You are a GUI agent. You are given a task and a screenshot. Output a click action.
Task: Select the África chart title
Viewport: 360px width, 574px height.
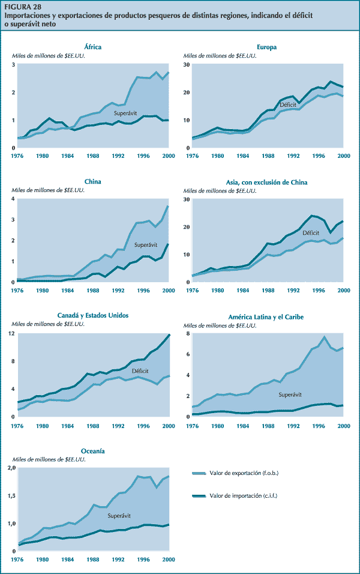click(x=93, y=47)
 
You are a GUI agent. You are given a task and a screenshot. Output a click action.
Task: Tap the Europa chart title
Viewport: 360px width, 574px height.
click(x=266, y=47)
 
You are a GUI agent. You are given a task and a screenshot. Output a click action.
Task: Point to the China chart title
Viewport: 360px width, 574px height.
click(x=93, y=181)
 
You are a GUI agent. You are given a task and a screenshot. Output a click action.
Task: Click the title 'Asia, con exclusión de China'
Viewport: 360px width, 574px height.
click(x=266, y=181)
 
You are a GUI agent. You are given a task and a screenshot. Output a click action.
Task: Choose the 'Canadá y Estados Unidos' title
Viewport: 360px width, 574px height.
click(x=93, y=315)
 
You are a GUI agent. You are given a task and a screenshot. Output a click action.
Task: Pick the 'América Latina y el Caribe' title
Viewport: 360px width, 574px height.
click(x=266, y=316)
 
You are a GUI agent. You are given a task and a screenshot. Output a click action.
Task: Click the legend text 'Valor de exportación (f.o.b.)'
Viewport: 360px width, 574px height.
click(x=244, y=473)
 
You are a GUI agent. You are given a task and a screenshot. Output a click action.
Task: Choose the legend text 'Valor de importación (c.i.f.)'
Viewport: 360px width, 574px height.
click(x=243, y=496)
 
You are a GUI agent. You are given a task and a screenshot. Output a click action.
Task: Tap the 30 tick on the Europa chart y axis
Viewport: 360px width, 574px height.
click(x=187, y=64)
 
